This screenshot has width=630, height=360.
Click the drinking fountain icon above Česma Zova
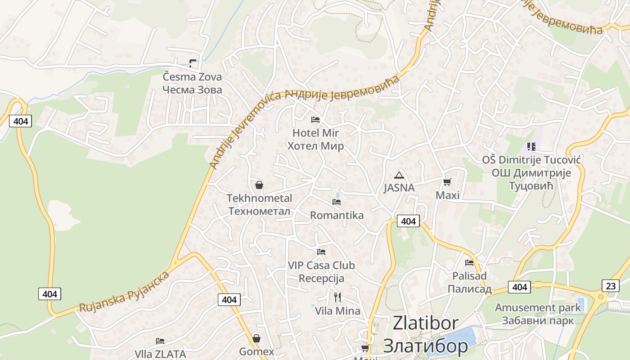click(x=193, y=63)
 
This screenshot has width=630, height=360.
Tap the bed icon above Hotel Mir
click(x=315, y=119)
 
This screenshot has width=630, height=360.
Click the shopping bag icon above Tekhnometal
click(x=259, y=185)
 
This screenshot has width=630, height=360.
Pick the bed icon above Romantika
click(x=337, y=202)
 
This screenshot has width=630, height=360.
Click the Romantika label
click(x=337, y=216)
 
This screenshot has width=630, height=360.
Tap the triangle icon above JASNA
click(x=399, y=175)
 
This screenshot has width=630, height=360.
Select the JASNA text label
click(x=399, y=188)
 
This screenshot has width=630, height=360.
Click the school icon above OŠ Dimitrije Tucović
click(x=531, y=147)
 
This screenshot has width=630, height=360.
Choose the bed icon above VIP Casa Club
click(x=321, y=252)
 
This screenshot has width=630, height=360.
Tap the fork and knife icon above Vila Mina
click(x=337, y=297)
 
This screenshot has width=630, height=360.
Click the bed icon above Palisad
click(x=469, y=262)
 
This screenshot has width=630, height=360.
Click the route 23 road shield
click(x=610, y=285)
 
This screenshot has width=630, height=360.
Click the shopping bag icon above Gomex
click(x=256, y=338)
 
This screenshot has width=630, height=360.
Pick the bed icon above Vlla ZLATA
click(x=160, y=341)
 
